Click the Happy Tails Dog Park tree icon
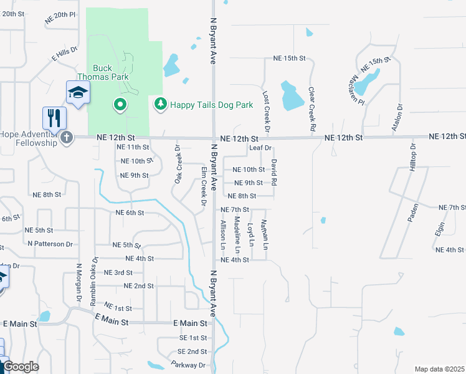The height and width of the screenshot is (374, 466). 161,105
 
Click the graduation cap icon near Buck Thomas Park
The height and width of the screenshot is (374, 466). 78,93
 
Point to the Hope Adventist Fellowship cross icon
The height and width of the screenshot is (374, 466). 66,137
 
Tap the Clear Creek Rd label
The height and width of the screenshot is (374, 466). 311,108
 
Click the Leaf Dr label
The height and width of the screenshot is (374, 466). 260,148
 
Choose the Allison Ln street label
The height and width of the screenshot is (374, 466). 222,235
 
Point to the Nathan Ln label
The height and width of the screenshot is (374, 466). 264,234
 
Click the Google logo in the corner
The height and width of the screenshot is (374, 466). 20,367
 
